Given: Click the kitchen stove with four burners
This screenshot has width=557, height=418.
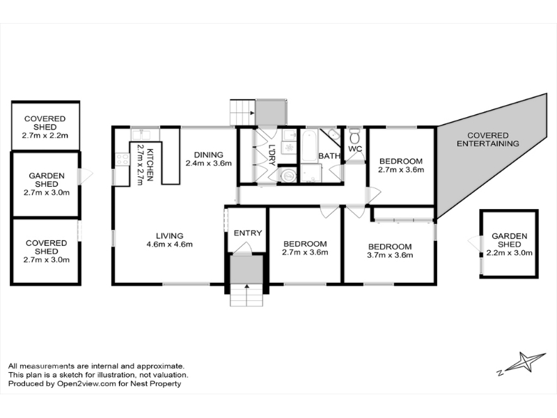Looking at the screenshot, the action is point(123,160).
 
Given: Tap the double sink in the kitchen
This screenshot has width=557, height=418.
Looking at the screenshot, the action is point(141,134).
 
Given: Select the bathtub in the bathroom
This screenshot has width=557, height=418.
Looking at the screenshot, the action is point(308,146).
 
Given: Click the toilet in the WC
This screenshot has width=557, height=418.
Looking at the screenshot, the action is point(354,136).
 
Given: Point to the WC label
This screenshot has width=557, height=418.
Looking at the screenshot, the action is point(355,149).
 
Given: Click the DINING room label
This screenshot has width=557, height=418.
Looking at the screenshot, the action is point(208,155).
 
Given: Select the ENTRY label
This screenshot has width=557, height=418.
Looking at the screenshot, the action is point(248,233).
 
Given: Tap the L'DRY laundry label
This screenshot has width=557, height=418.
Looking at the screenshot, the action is point(272,155).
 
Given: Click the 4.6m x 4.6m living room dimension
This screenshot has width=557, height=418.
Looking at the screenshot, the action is point(169,245).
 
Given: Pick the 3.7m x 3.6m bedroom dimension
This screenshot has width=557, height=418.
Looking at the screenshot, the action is point(390,255).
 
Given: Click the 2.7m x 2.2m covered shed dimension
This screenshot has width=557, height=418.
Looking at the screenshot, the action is point(45,135).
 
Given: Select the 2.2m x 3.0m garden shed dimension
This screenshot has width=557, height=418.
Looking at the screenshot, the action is point(509,253).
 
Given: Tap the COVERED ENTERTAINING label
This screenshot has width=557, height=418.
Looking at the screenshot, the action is point(488,139).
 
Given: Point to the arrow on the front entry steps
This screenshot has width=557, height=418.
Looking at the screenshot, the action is point(246,286).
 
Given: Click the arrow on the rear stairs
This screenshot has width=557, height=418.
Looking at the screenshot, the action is point(252,113).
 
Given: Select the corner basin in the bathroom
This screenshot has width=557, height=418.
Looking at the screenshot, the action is point(334,134).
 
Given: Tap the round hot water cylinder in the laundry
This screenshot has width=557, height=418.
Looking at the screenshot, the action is point(288,176).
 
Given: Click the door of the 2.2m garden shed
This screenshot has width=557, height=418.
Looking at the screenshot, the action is point(474,243).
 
